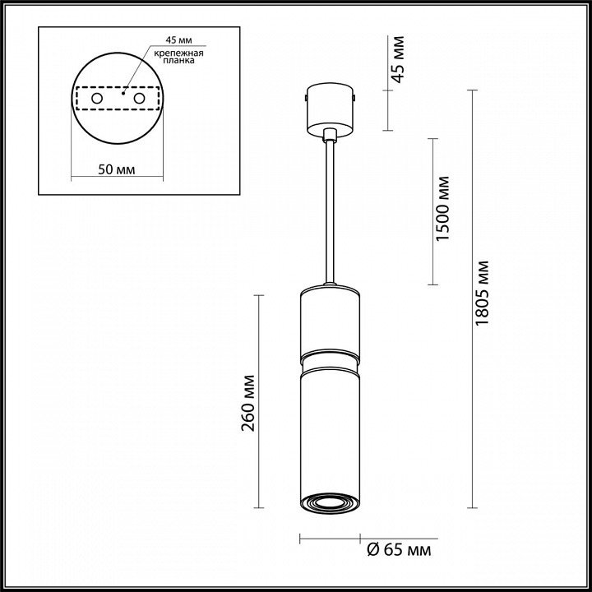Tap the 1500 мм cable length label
click(443, 209)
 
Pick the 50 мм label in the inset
click(117, 169)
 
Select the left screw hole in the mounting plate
click(97, 99)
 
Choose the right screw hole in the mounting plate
click(139, 99)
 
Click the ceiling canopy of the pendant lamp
click(330, 106)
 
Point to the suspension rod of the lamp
click(330, 214)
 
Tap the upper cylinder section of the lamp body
click(330, 321)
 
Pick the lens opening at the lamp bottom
click(330, 503)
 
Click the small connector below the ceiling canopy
click(330, 134)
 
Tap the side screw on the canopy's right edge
click(354, 98)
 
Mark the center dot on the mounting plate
click(123, 93)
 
